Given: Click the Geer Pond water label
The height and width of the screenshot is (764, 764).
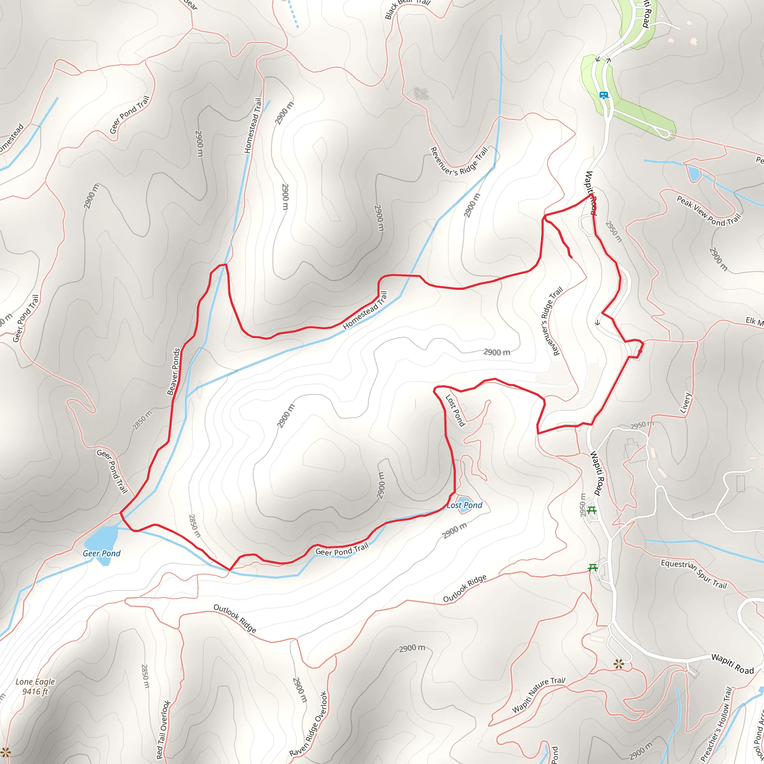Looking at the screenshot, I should [x=101, y=553].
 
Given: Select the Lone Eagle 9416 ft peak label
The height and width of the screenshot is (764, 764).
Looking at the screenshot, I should [x=35, y=686].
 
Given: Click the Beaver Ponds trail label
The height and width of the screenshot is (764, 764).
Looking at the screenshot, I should [x=173, y=372].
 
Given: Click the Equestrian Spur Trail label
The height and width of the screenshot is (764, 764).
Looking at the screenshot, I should [x=693, y=573].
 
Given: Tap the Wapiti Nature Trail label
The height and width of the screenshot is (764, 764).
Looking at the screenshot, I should [x=539, y=694].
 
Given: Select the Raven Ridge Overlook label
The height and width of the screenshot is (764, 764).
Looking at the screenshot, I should [x=309, y=724].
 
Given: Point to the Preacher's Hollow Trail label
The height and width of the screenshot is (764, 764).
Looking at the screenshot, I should [x=716, y=724].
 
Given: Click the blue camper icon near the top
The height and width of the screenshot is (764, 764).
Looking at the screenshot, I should [x=604, y=95].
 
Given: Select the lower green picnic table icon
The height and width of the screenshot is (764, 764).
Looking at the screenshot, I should [x=592, y=568].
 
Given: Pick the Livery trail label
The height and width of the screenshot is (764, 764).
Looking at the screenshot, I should [x=685, y=403].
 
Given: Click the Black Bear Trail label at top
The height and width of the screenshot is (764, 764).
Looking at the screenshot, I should [x=407, y=7].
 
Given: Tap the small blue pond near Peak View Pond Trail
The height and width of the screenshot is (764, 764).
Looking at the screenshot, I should [x=693, y=173].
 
